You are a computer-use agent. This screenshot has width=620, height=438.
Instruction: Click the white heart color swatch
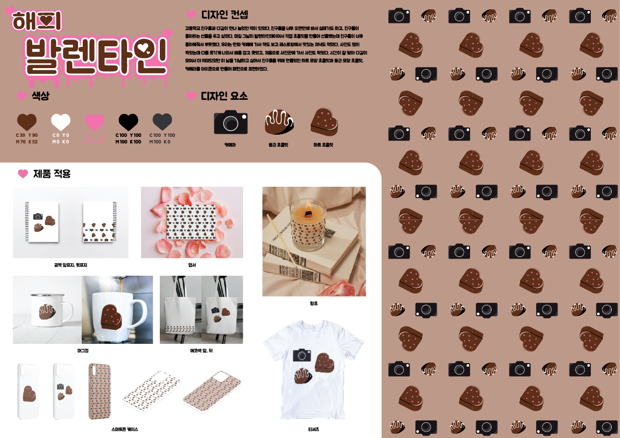click(60, 122)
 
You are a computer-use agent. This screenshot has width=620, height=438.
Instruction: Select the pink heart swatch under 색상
click(95, 122)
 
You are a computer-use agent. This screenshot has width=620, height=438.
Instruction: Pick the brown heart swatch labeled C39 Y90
click(27, 122)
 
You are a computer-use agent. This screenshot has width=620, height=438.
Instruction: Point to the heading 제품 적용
click(52, 174)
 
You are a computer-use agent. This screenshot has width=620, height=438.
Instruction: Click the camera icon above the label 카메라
click(231, 122)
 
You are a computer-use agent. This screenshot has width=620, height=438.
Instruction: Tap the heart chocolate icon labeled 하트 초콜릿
click(324, 122)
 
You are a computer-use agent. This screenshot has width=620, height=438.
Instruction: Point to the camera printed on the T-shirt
click(302, 355)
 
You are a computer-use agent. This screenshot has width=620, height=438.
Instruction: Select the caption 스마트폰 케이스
click(124, 430)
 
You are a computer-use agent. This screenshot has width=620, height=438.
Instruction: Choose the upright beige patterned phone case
click(99, 391)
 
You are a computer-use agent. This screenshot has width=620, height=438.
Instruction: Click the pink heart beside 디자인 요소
click(191, 96)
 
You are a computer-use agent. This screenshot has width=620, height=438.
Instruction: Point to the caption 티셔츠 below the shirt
click(313, 430)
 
